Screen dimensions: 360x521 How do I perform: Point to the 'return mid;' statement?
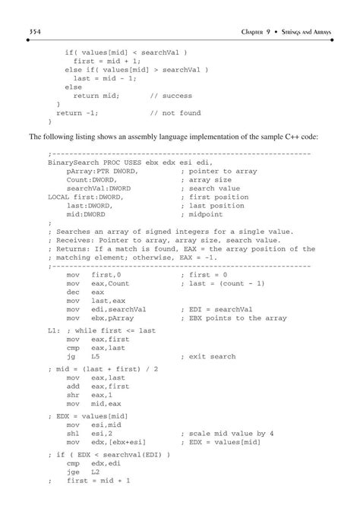pos(96,96)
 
